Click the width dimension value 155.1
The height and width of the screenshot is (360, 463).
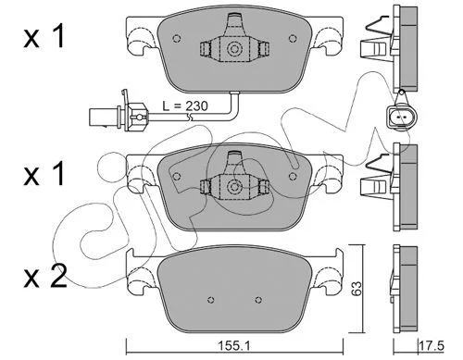(234, 346)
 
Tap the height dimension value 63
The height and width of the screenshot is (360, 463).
(357, 289)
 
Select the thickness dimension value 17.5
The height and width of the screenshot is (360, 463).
(432, 345)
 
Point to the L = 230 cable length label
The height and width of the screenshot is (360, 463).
(185, 106)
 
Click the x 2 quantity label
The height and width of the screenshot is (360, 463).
(45, 277)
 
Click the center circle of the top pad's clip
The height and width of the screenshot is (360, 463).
(233, 49)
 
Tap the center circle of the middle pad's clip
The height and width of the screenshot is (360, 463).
(233, 187)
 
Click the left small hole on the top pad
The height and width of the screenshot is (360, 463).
(177, 38)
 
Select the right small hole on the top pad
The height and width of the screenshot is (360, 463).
(292, 38)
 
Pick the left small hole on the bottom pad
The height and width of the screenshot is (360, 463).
(211, 299)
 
